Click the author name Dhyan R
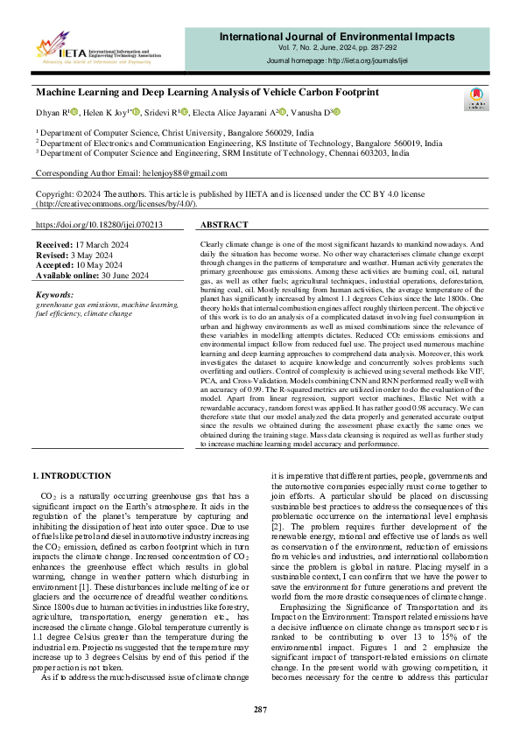51,112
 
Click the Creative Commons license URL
116,203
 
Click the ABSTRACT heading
225,225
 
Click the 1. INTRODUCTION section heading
72,475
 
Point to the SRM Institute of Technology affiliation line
221,151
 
